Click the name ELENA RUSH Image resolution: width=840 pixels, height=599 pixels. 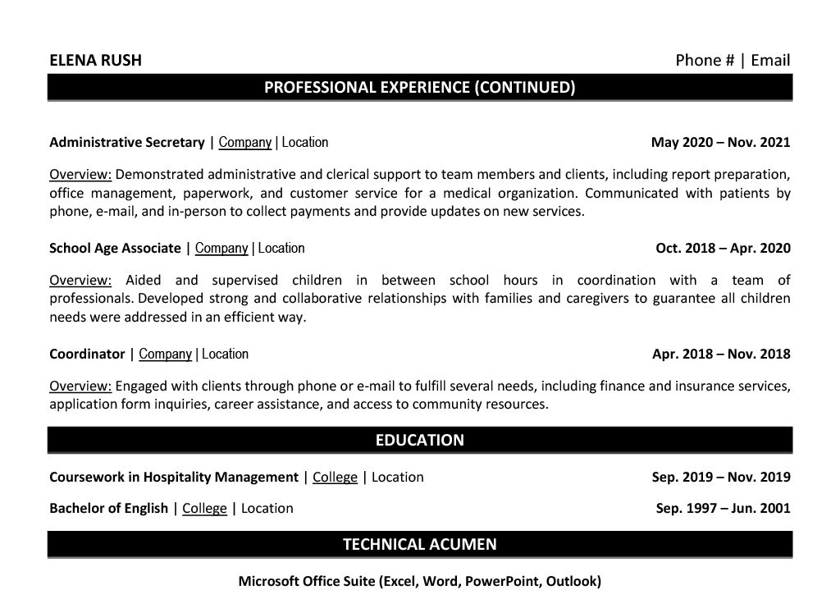click(x=95, y=60)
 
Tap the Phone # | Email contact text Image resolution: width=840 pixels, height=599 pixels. click(x=733, y=60)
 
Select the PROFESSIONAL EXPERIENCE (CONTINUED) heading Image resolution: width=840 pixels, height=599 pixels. click(x=419, y=87)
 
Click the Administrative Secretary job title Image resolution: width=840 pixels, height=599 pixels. click(x=127, y=143)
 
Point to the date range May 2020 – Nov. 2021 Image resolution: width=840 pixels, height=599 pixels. click(x=720, y=143)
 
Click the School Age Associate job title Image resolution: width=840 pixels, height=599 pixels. click(x=115, y=249)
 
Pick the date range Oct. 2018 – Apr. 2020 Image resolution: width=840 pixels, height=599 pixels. click(x=723, y=249)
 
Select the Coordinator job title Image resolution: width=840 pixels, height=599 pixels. click(x=87, y=354)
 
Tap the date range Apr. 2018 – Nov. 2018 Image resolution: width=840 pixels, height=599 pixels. click(x=721, y=354)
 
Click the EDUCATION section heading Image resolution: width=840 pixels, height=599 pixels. click(x=419, y=440)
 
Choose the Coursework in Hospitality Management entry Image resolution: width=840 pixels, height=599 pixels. click(x=174, y=478)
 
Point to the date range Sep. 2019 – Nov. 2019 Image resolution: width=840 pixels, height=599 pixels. click(x=721, y=478)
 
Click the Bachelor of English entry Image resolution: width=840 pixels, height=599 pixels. click(x=108, y=509)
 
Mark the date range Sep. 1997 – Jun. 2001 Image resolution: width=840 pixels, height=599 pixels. click(x=723, y=509)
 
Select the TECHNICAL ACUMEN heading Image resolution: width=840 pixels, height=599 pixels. click(x=419, y=544)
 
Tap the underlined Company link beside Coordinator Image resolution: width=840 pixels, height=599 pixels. click(x=165, y=354)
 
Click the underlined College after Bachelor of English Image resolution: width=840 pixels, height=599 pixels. click(x=204, y=509)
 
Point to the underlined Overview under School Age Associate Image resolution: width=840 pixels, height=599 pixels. click(x=80, y=281)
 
